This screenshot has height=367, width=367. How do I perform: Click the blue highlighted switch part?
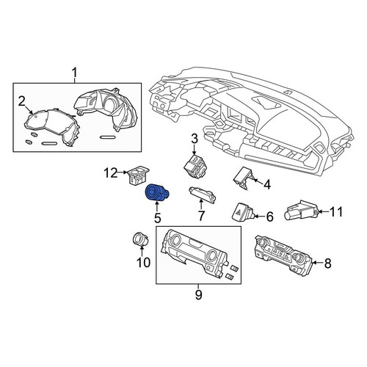pos(157,192)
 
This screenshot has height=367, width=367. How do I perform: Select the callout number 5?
pos(158,218)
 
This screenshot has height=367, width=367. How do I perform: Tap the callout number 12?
pos(111,173)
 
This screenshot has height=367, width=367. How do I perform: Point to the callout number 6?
pos(269,217)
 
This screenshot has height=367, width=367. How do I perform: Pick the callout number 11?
pos(336,211)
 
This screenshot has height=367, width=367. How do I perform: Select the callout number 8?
pos(327,263)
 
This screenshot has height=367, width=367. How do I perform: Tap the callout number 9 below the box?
pos(198,294)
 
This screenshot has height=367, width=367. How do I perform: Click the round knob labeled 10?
pos(141,239)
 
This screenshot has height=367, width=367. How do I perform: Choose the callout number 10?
pos(143,263)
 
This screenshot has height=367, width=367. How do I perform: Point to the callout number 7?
pos(201,216)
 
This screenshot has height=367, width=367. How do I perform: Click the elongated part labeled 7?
pos(202,195)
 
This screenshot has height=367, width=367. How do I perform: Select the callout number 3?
pos(194,139)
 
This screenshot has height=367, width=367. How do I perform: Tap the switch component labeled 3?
pos(195,165)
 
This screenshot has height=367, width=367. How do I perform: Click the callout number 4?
pos(267,185)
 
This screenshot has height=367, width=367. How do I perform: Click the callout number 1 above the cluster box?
pos(75,73)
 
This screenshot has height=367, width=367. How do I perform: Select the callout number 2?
pos(22,101)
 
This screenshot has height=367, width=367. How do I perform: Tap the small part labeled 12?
pos(138,175)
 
